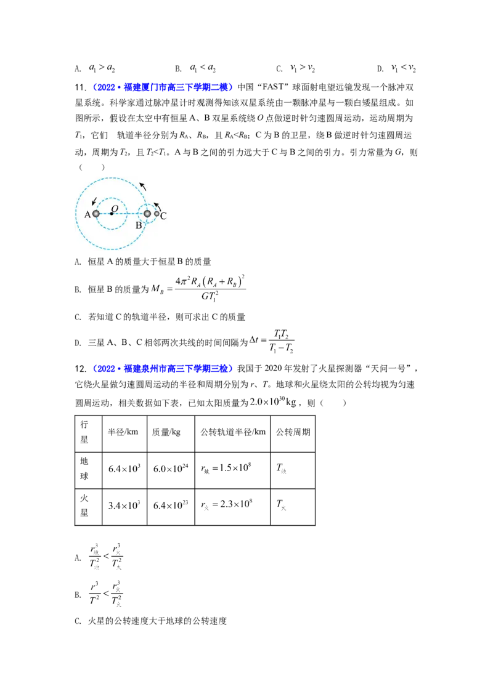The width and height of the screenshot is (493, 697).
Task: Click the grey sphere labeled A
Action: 96,214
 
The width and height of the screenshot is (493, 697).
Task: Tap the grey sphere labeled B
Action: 147,214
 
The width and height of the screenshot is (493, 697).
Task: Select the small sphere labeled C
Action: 157,214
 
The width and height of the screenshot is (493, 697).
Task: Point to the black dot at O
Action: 111,214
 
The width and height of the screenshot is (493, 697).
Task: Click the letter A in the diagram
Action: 88,214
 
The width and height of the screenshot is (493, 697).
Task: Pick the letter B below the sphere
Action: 139,225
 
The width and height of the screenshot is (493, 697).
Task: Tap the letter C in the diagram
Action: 163,215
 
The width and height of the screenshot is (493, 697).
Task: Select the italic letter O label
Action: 115,207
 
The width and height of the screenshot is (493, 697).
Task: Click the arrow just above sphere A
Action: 93,202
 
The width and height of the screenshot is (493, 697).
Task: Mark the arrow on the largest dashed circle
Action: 143,185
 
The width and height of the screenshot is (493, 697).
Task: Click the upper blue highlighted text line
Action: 163,87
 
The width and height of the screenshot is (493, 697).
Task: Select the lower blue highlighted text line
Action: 163,369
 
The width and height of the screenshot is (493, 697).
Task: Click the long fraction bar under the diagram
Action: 210,289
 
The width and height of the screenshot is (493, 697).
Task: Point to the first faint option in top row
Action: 102,69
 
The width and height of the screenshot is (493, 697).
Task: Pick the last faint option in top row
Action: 404,70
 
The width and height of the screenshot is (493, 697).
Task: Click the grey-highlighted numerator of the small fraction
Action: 280,333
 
